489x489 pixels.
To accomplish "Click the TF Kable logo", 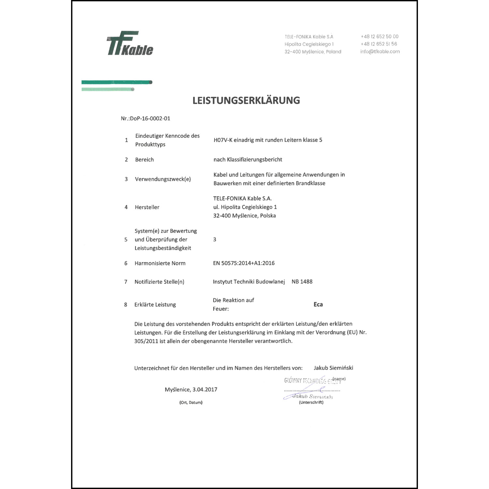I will coord(130,43).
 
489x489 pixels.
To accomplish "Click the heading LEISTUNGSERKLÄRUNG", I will coord(246,100).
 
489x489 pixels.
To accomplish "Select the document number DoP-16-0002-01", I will coord(150,119).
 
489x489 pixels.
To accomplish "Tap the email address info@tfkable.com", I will coord(380,52).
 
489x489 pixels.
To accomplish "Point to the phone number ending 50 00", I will coord(379,37).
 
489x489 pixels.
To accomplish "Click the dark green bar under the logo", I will coord(117,82).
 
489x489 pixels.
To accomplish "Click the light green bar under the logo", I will coord(108,89).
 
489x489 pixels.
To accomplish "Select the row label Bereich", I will coord(144,160).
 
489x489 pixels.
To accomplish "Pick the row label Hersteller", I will coord(147,207).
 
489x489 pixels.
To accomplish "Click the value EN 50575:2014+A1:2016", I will coord(244,263).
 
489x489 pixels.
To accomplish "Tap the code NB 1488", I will coord(302,282).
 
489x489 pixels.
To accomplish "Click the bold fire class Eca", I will coord(318,304).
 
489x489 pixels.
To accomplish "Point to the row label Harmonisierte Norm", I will coord(160,263).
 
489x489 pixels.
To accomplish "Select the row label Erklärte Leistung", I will coord(155,305).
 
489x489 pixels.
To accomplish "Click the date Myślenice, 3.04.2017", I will coord(191,390).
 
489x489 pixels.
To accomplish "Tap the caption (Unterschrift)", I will coord(311,403).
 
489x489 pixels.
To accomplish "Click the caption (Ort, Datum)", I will coord(191,403).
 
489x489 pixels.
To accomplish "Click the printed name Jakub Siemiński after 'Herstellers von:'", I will coord(333,368).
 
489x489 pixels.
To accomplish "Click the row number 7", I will coord(126,282).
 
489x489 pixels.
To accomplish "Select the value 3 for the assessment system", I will coord(215,240).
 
